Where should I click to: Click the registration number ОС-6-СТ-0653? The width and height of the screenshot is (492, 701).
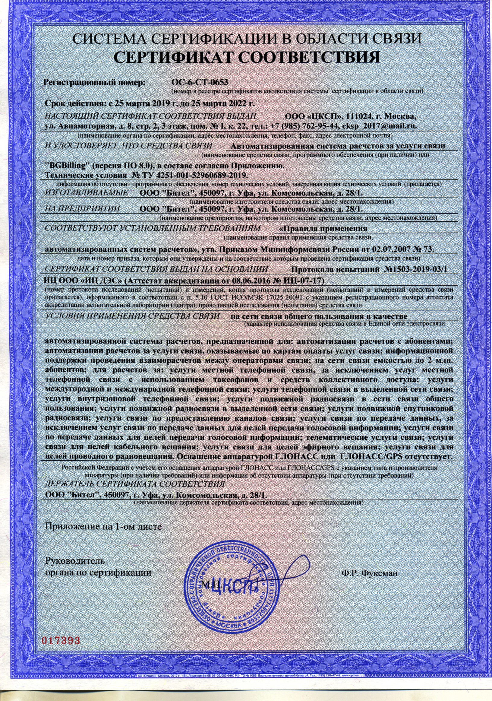coord(200,82)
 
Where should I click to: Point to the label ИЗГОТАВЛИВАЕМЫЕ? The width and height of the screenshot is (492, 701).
coord(86,193)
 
